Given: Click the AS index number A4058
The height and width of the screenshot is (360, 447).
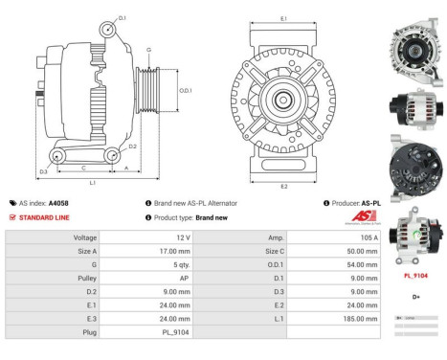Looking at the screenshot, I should point(58,203).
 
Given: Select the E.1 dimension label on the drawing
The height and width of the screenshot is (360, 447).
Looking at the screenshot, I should point(284,19).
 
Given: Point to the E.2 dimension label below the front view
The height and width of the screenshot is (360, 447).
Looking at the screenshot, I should point(284,186).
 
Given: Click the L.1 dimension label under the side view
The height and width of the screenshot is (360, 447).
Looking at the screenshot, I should point(90,182).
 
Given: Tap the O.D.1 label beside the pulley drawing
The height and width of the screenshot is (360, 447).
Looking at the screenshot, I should point(186,91).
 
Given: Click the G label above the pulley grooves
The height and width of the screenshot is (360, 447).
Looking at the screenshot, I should point(148,49).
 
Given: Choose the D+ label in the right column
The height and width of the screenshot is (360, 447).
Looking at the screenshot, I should point(413,297).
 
